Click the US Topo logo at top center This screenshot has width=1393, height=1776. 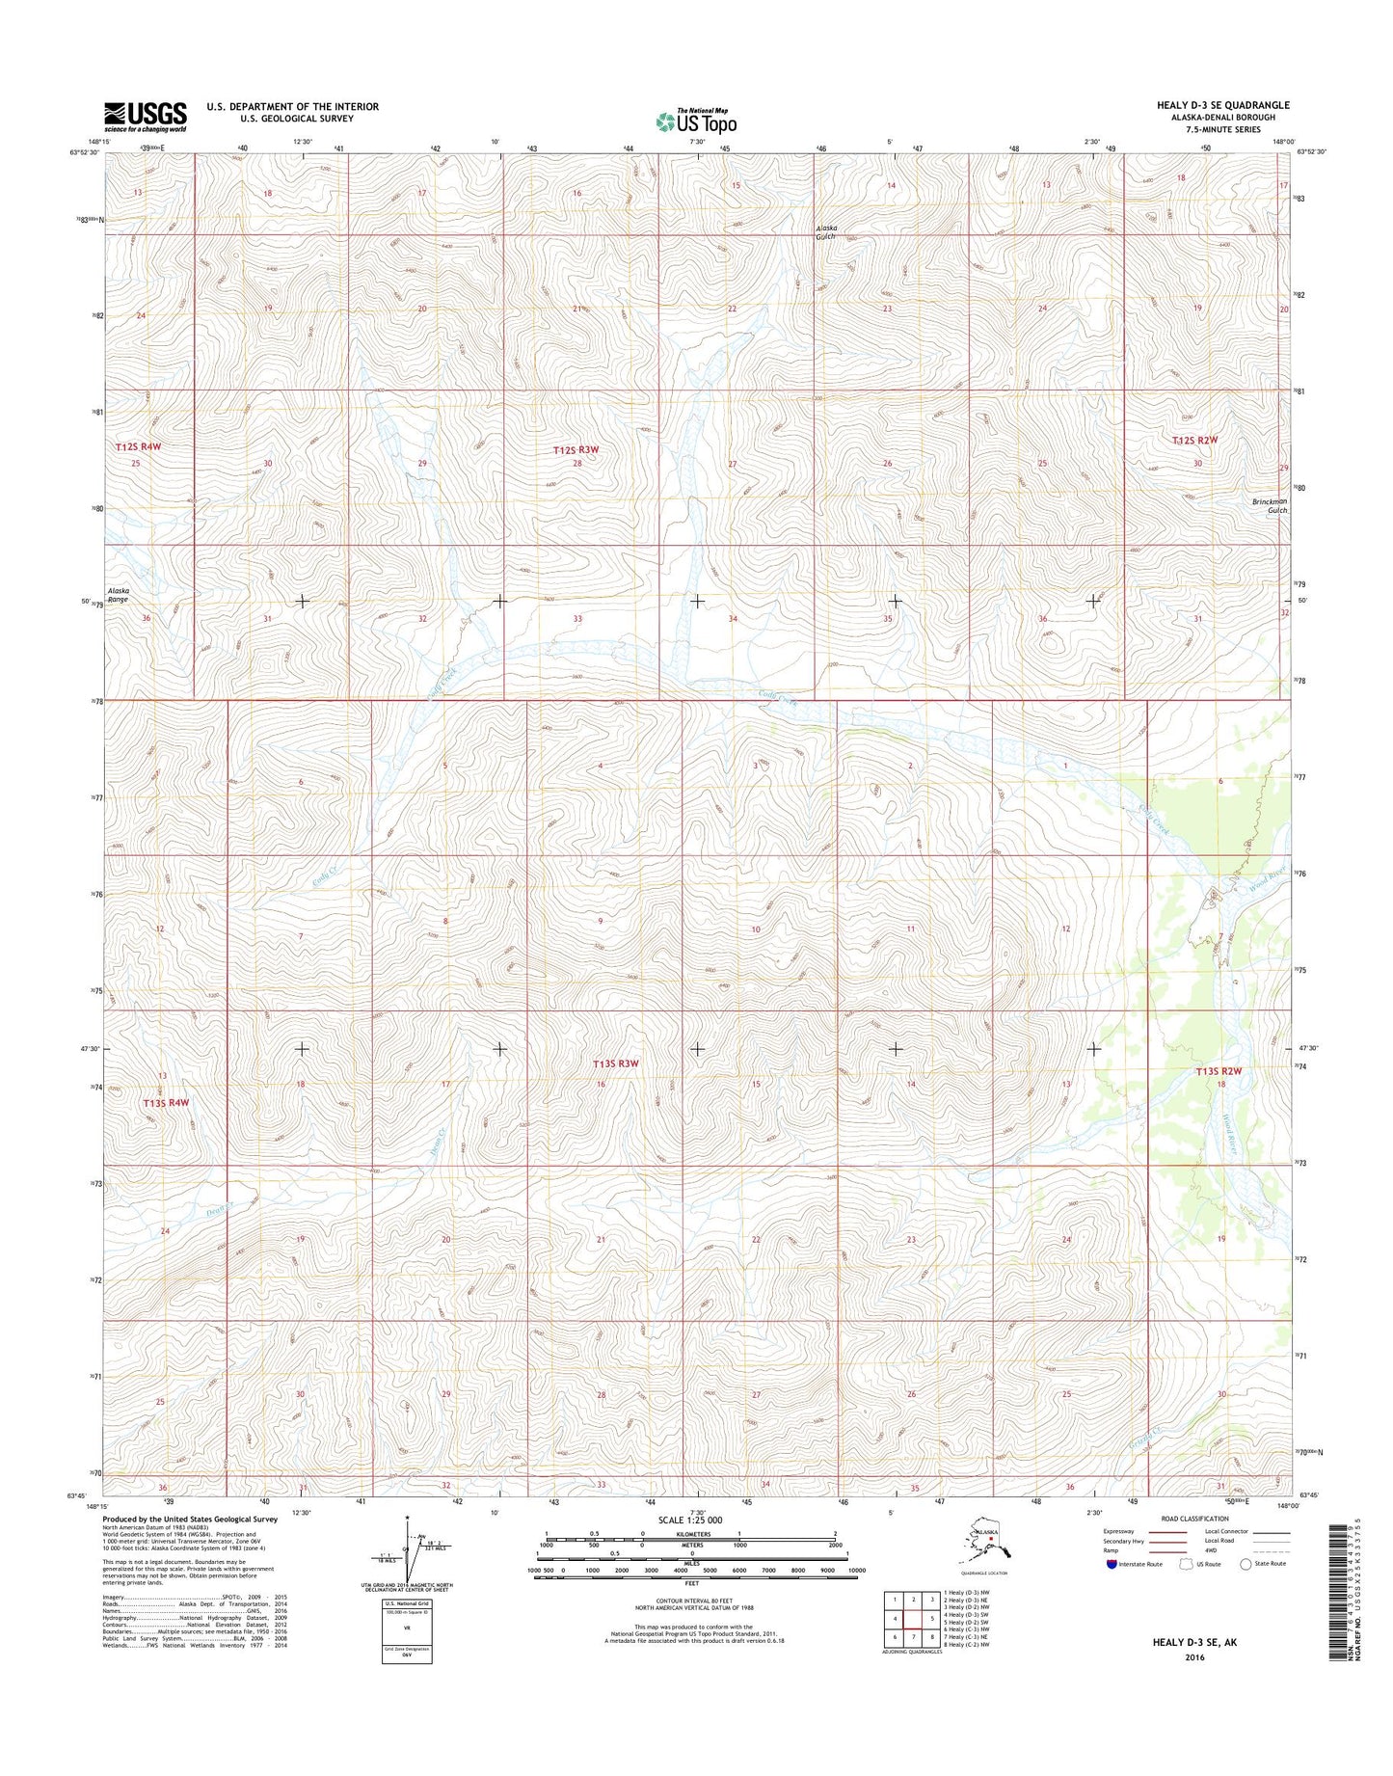coord(696,121)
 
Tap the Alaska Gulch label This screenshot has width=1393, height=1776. coord(826,231)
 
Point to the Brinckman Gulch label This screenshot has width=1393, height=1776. coord(1270,505)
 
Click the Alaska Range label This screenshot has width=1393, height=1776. coord(118,595)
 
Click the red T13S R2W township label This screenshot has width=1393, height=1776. coord(1219,1071)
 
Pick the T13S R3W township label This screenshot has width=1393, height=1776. coord(616,1063)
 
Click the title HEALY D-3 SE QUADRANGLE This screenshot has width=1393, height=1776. coord(1222,105)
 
